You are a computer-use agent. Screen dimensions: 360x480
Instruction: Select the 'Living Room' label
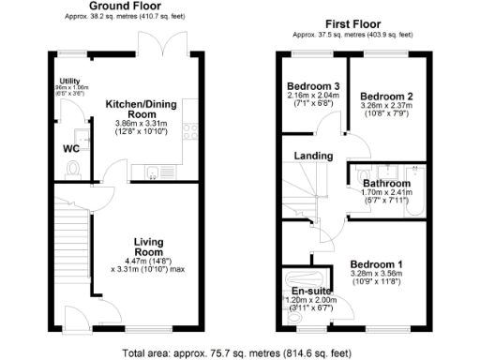pyautogui.click(x=148, y=246)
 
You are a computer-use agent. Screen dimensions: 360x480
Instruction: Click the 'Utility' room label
pyautogui.click(x=70, y=81)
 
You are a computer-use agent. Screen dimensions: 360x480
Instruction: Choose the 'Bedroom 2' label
pyautogui.click(x=385, y=97)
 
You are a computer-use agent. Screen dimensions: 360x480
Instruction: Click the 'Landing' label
pyautogui.click(x=313, y=156)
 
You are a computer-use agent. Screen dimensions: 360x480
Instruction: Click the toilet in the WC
pyautogui.click(x=73, y=170)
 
